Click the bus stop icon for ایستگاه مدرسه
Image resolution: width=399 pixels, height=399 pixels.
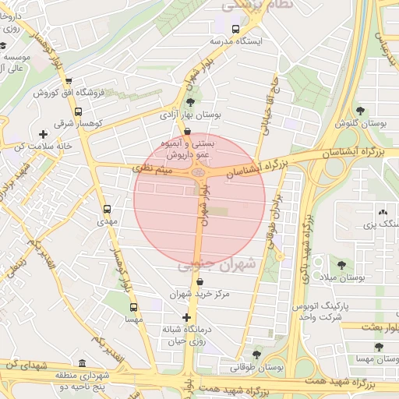[x=235, y=29]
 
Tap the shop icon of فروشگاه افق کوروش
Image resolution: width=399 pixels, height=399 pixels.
[x=69, y=81]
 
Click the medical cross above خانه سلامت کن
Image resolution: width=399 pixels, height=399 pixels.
[x=42, y=134]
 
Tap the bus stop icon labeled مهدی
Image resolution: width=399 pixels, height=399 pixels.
[x=107, y=209]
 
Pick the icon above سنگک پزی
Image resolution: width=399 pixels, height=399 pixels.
[x=382, y=212]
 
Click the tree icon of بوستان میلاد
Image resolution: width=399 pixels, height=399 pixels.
[x=342, y=265]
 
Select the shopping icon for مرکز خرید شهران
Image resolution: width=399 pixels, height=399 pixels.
[x=200, y=282]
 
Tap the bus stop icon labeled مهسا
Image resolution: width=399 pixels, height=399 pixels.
[x=133, y=307]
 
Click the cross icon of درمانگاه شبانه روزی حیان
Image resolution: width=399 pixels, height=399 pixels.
[x=185, y=317]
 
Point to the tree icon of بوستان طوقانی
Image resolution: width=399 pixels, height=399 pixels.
[x=256, y=354]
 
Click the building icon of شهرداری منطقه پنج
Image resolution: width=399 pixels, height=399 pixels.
[x=83, y=363]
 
